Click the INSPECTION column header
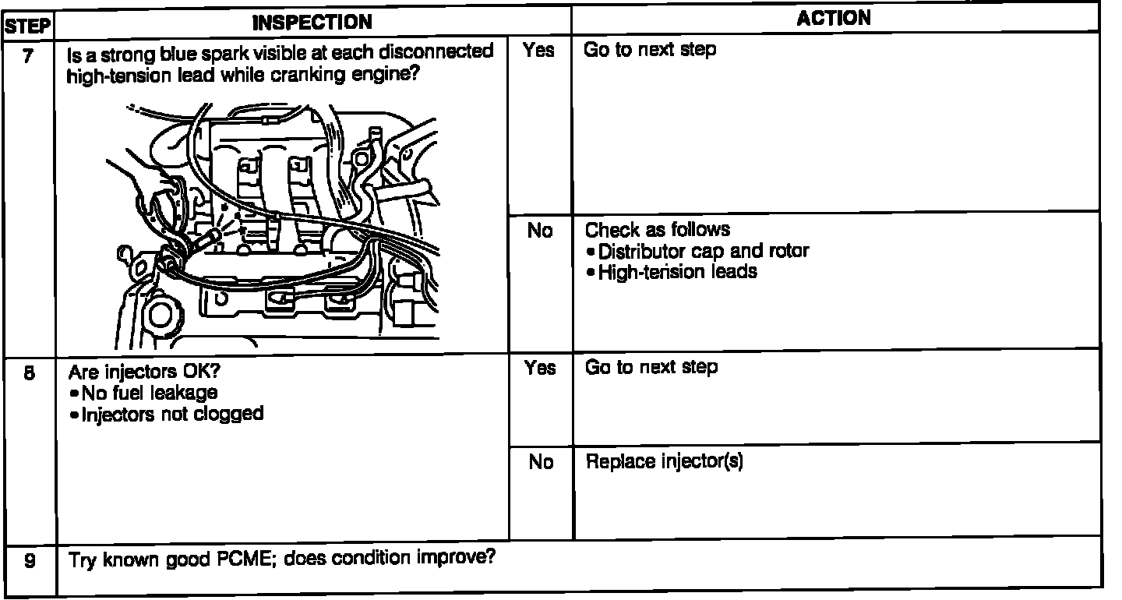(313, 23)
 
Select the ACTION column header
(834, 19)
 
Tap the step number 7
(28, 57)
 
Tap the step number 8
(28, 373)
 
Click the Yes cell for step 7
(539, 51)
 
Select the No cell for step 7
(539, 231)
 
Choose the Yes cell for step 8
(539, 368)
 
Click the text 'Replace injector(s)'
(664, 462)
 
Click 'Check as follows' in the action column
(658, 230)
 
